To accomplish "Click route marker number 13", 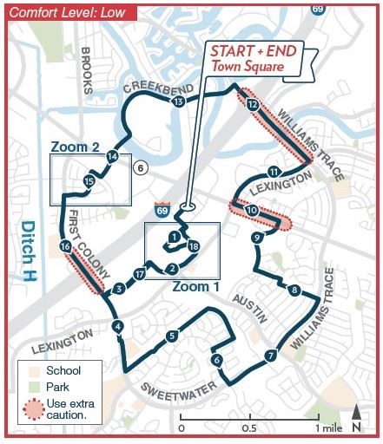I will click(x=178, y=102).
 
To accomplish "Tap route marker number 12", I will click(x=252, y=105).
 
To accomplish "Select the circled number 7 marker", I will click(x=271, y=355).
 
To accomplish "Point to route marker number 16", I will click(x=66, y=248).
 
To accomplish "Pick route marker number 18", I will click(x=193, y=247).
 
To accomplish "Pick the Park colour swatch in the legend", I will click(x=29, y=387).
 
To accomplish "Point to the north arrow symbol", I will click(x=357, y=419).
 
